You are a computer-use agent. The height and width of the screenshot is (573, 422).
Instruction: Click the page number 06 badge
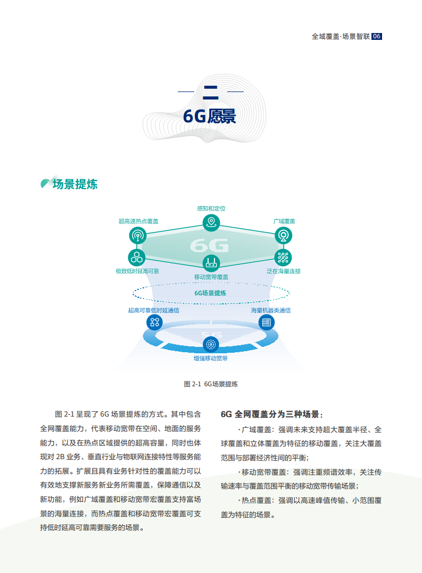pos(377,37)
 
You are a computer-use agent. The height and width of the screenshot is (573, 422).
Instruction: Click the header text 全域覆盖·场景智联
pos(341,37)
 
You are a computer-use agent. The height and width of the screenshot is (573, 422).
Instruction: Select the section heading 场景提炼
pos(75,184)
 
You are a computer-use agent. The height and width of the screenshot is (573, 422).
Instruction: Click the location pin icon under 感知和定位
pos(211,222)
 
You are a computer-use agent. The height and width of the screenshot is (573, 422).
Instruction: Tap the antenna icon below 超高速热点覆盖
pos(137,235)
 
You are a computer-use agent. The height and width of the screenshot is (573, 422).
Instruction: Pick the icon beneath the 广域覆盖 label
pos(283,235)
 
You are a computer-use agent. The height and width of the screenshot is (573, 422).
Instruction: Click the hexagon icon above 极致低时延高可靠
pos(137,258)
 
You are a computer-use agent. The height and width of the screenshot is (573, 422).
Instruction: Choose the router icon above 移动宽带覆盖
pos(211,262)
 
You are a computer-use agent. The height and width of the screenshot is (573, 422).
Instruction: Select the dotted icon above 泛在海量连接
pos(283,258)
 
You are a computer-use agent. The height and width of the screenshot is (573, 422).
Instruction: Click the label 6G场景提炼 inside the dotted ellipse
pos(210,293)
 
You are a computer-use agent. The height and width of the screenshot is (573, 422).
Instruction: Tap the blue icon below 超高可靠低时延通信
pos(154,321)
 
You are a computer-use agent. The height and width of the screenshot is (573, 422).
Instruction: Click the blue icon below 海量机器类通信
pos(267,322)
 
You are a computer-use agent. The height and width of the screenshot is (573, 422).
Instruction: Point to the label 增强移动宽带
pos(210,359)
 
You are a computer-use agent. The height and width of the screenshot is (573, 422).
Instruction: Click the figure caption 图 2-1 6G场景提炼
pos(211,384)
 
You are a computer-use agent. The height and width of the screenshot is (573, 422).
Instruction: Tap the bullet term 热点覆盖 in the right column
pos(257,501)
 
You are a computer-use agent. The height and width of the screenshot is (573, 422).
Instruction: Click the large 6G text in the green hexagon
pos(209,245)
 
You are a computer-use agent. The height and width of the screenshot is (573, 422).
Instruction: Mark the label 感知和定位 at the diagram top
pos(211,209)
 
